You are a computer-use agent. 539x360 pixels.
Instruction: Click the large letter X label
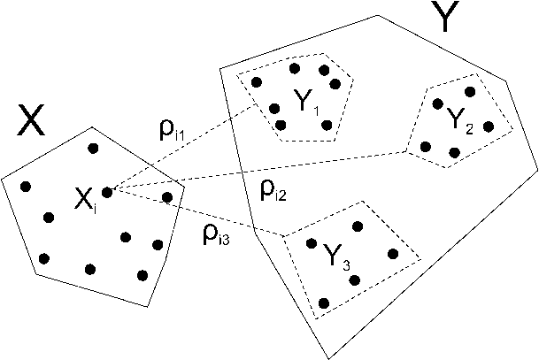coord(32,123)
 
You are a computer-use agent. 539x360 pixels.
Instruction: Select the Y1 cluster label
coord(307,104)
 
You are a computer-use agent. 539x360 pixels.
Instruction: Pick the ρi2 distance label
coord(273,188)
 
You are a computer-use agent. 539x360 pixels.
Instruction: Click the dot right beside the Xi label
coord(107,191)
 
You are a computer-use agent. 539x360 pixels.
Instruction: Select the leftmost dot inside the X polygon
coord(25,186)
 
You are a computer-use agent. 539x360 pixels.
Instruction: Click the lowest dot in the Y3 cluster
coord(323,303)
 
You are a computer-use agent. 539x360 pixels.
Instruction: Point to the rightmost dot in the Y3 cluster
coord(393,254)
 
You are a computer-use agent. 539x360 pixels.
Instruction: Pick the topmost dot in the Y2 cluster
coord(470,91)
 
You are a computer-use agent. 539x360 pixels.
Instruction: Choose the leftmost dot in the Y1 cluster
coord(256,82)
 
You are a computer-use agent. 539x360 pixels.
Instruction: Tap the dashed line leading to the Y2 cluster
coord(266,172)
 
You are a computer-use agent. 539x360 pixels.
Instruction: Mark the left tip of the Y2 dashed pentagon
coord(405,151)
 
